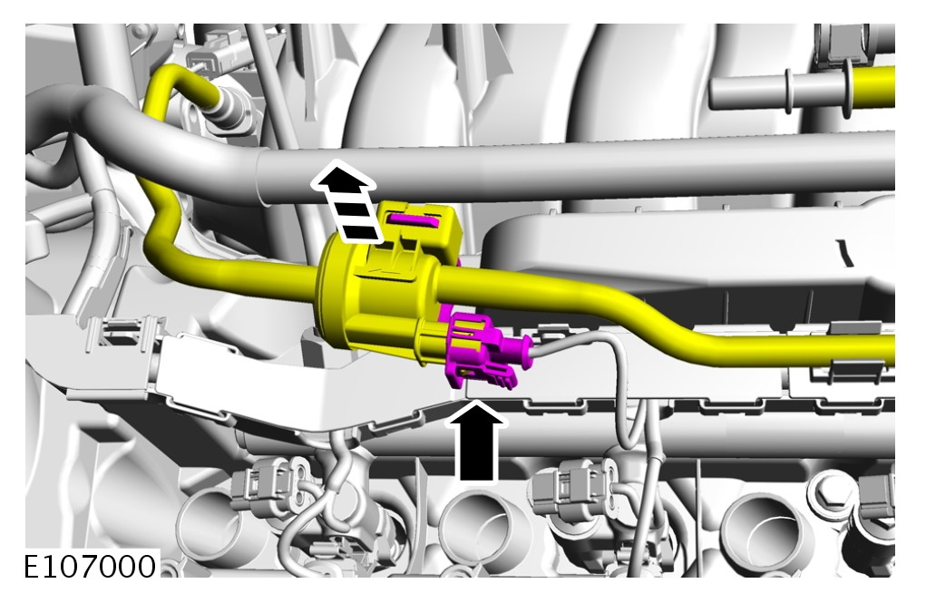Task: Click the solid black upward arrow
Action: point(476,440)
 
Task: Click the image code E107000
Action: point(90,567)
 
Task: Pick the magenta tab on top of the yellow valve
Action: point(412,220)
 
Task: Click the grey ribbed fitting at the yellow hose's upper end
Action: point(229,106)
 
